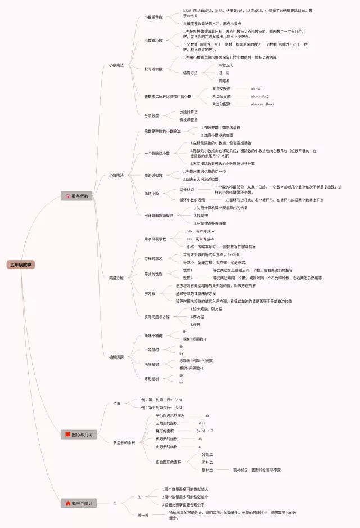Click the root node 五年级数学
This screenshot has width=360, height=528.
21,264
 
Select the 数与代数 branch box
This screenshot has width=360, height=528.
77,196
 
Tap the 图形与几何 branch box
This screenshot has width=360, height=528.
78,435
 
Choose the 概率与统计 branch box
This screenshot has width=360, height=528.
78,503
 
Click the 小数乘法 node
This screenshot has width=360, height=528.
116,65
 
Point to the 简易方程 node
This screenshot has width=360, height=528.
116,278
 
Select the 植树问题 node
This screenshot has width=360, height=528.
116,357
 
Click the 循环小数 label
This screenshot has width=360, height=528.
152,193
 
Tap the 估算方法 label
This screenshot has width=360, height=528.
191,73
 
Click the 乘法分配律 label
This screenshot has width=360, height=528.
221,104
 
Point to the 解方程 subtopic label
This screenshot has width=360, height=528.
150,293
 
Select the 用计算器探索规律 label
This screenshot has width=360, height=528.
159,216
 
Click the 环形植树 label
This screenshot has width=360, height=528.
151,378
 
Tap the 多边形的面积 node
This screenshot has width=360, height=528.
124,442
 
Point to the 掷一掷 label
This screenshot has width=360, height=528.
143,514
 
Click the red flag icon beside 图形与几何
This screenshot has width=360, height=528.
67,435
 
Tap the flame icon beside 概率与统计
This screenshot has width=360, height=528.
67,503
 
